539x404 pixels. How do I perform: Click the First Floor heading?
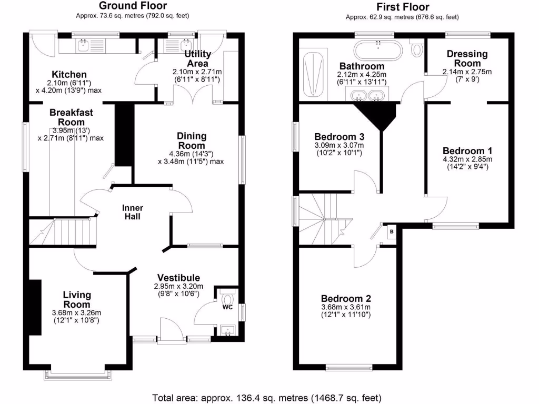pyautogui.click(x=402, y=7)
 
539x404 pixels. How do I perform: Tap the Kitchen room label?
pyautogui.click(x=69, y=75)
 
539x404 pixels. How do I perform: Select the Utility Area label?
pyautogui.click(x=197, y=58)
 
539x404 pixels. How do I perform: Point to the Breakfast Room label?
pyautogui.click(x=71, y=117)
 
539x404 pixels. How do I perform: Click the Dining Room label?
pyautogui.click(x=192, y=140)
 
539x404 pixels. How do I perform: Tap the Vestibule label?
pyautogui.click(x=178, y=278)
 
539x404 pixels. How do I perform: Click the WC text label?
pyautogui.click(x=227, y=306)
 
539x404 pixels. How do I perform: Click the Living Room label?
pyautogui.click(x=77, y=299)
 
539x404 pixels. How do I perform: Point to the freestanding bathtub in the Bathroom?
pyautogui.click(x=378, y=51)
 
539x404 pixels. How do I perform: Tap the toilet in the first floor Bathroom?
pyautogui.click(x=417, y=49)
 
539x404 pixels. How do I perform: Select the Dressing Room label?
pyautogui.click(x=467, y=58)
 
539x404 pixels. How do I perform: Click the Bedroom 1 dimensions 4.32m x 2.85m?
pyautogui.click(x=467, y=159)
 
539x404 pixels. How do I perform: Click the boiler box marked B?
pyautogui.click(x=391, y=231)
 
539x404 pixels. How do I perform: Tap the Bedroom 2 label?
pyautogui.click(x=346, y=299)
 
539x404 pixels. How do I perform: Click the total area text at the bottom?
pyautogui.click(x=267, y=397)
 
